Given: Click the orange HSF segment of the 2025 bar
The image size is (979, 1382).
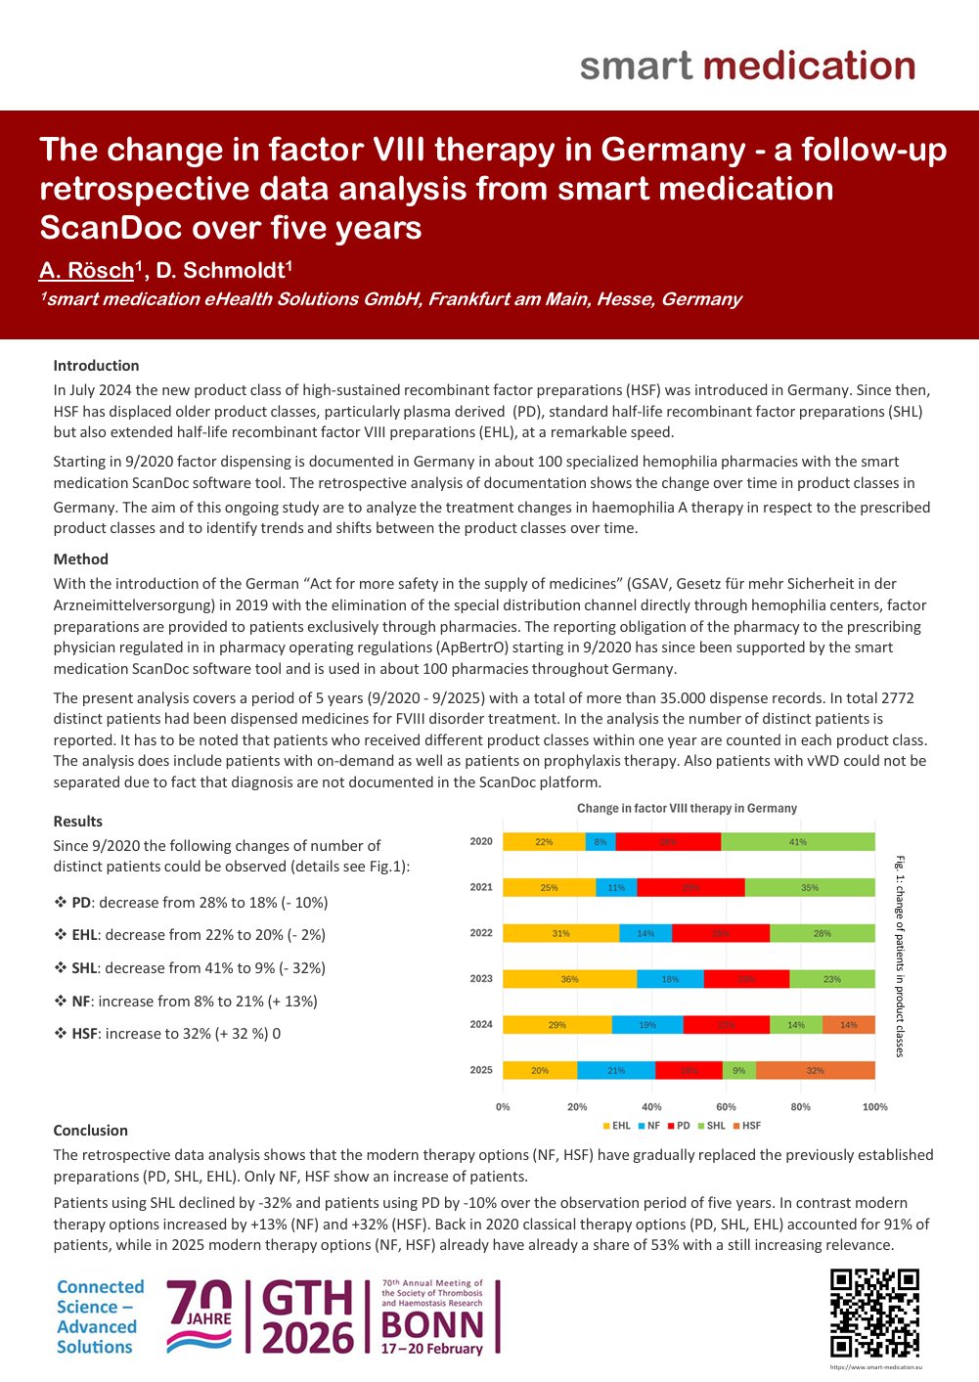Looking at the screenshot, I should [815, 1070].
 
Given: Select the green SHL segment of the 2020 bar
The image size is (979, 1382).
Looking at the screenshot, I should [798, 841].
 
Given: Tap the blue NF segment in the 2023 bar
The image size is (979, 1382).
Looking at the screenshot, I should [670, 979].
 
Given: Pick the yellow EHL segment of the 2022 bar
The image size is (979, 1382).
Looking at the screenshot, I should [560, 933].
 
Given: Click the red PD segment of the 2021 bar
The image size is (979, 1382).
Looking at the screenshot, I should [690, 887].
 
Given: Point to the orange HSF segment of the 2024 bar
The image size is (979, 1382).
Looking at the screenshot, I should [849, 1025].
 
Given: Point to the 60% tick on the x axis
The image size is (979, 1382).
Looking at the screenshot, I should [726, 1107].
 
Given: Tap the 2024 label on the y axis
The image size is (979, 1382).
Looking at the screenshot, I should [481, 1025].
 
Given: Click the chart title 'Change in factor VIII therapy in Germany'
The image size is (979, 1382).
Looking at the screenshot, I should [687, 809].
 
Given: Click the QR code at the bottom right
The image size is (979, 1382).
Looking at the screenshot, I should [874, 1314].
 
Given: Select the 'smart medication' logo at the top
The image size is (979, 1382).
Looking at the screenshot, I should [747, 67].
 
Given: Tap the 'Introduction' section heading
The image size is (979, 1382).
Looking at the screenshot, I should [96, 366].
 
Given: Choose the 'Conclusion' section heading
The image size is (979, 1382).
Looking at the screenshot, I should [90, 1131].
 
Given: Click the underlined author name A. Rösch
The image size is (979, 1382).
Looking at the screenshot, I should [86, 271].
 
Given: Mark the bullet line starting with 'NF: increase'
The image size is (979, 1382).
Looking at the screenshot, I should [186, 1002].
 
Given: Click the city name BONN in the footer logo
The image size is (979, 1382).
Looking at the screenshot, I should [432, 1324].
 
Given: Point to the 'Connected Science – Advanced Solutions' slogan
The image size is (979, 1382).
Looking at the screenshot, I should [99, 1316].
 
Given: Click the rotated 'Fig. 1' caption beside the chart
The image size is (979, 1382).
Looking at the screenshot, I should [900, 956].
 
